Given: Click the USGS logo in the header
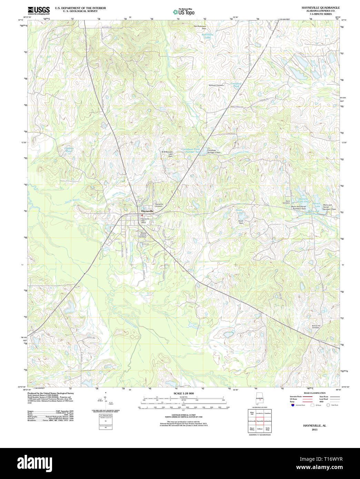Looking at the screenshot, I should point(39,10).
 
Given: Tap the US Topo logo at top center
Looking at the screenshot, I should point(183,12).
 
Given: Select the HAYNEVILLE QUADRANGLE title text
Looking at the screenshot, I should point(320,8).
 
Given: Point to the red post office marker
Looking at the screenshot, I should point(142,216).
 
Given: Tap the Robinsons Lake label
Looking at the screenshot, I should point(208,36).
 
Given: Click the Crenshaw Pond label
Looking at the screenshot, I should point(236,85).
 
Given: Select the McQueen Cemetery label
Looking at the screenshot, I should point(216,85).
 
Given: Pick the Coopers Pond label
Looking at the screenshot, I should point(69,150).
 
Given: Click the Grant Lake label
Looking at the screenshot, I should point(239,211).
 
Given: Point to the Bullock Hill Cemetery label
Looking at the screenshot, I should point(316,326).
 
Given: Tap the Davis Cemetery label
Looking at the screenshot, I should point(286,202).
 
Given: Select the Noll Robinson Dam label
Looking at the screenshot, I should point(200,27).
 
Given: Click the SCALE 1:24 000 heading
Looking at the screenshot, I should point(183,394).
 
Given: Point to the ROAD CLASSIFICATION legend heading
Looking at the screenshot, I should point(314,393).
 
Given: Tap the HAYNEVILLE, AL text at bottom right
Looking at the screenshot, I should point(314,426).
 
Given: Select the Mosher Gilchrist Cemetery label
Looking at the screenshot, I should point(143,235).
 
